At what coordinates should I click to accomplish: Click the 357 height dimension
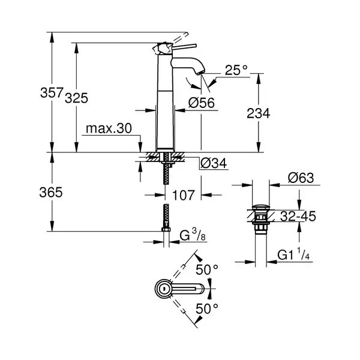[52, 92]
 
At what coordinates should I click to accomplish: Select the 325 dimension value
[76, 98]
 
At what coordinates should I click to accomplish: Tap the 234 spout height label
[258, 113]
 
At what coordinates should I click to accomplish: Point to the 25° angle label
[236, 70]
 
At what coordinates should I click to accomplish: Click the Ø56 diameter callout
[202, 103]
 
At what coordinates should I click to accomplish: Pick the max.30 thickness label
[109, 128]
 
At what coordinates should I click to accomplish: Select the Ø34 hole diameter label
[214, 163]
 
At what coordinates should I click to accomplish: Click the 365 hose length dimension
[51, 192]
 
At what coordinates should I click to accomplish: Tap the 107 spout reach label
[183, 195]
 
